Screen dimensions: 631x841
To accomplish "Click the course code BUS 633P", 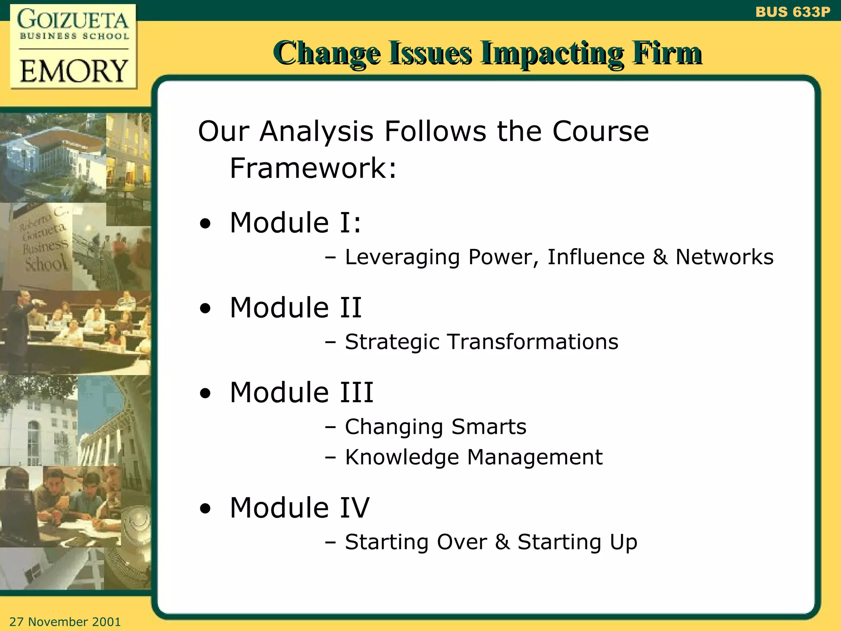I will click(x=792, y=12).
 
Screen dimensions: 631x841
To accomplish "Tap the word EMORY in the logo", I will click(x=74, y=71).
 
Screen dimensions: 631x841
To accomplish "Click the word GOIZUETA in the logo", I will click(x=73, y=20).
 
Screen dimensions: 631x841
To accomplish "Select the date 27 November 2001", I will click(x=65, y=622).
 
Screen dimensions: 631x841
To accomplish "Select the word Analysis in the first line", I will click(x=316, y=131).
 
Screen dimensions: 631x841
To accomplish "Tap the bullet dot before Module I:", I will click(x=205, y=224).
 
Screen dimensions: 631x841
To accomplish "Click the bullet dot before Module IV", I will click(x=205, y=509).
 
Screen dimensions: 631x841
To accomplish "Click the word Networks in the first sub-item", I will click(x=724, y=257).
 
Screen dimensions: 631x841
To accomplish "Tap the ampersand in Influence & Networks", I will click(x=660, y=257).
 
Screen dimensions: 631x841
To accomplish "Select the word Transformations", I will click(x=533, y=342).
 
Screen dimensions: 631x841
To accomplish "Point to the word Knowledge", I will click(x=402, y=457).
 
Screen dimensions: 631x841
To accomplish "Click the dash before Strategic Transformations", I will click(x=330, y=342).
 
